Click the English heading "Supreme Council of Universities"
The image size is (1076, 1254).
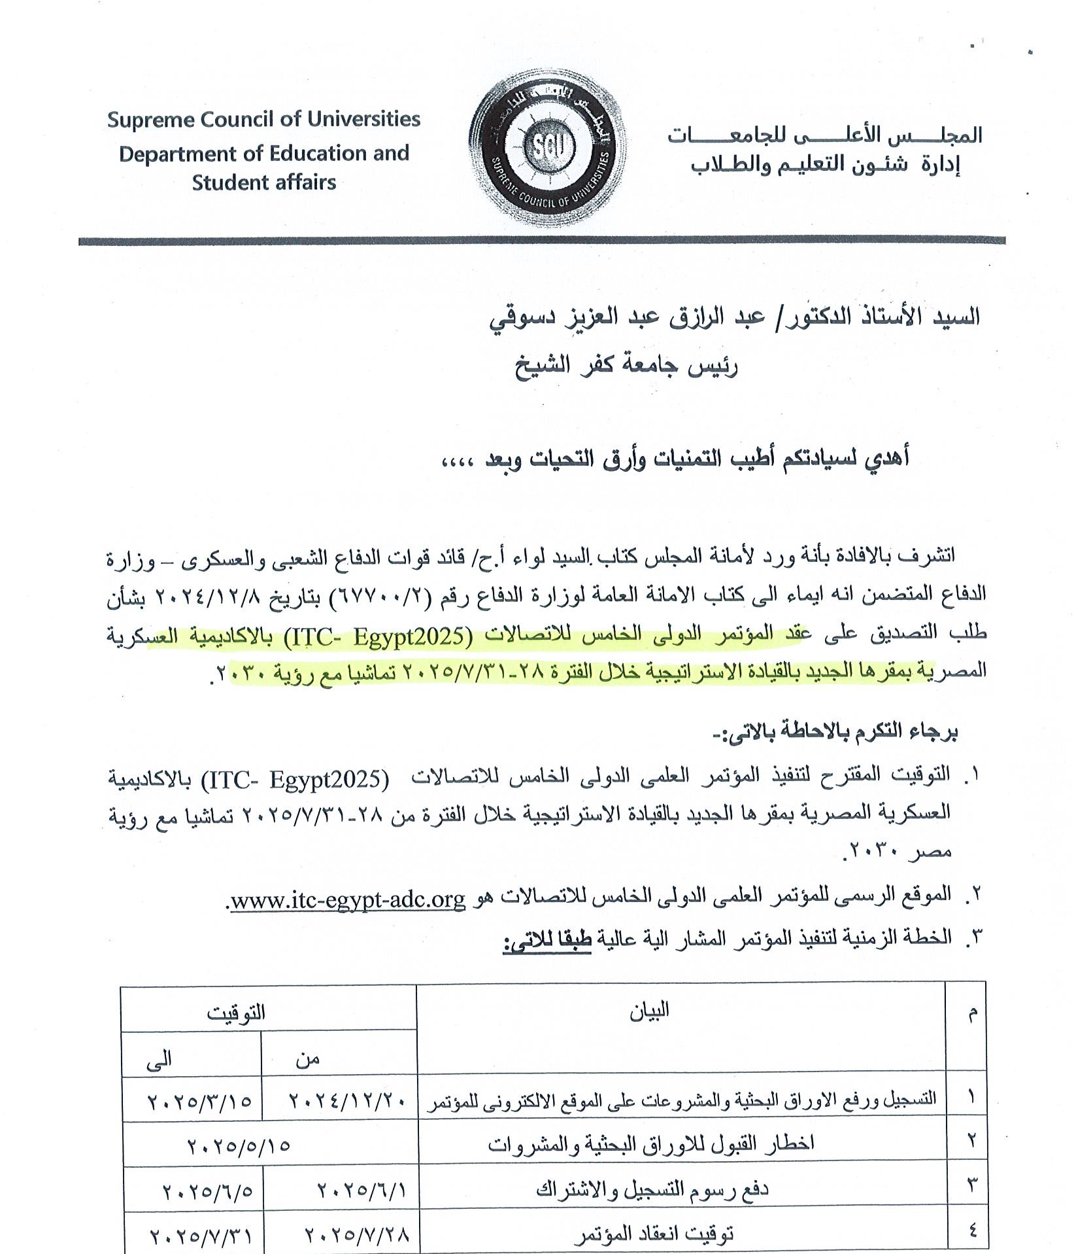pos(263,120)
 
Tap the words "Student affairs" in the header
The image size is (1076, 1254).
pos(263,182)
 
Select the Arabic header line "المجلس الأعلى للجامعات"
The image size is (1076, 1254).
pos(824,135)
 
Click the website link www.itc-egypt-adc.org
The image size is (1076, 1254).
pos(348,901)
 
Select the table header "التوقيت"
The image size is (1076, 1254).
pos(236,1012)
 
